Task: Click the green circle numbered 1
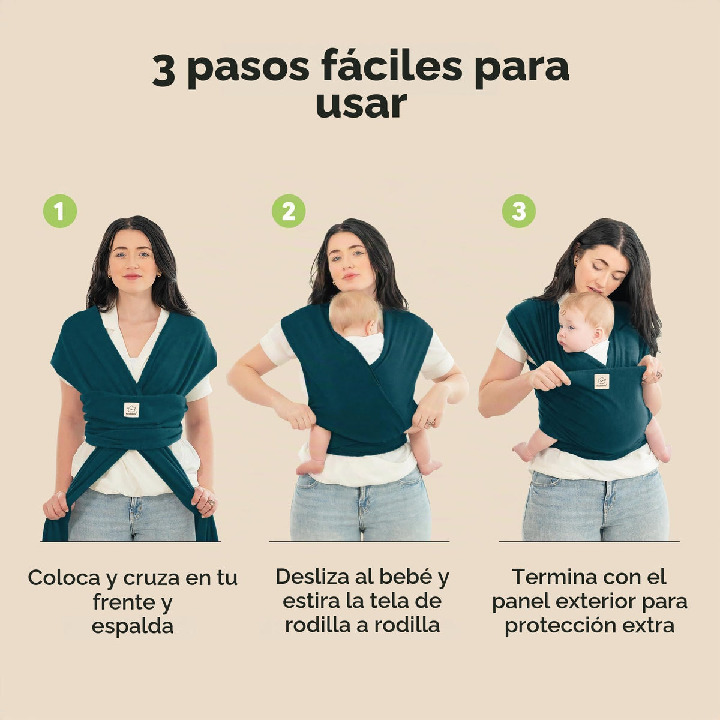click(x=60, y=211)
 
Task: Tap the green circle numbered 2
click(x=289, y=211)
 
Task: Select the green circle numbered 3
click(x=518, y=211)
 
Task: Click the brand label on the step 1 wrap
click(x=131, y=410)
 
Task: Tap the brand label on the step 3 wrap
click(x=602, y=382)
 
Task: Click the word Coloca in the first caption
click(x=64, y=578)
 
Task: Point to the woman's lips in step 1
click(x=132, y=276)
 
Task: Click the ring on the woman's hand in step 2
click(x=429, y=422)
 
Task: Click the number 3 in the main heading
click(x=164, y=71)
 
